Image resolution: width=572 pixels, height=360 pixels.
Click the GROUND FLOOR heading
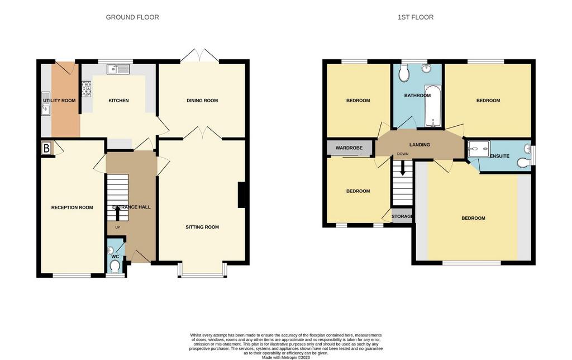point(132,17)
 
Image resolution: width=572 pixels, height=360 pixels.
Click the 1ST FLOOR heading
point(415,17)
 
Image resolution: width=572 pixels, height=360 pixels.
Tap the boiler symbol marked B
point(46,149)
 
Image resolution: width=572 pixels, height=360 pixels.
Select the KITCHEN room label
point(118,101)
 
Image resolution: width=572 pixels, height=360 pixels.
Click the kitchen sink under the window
point(119,69)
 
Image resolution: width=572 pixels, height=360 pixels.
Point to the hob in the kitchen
point(87,88)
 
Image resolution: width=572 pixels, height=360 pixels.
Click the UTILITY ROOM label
point(59,101)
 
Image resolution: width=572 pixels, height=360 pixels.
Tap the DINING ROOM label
point(202,101)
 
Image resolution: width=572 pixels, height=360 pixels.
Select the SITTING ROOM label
point(202,227)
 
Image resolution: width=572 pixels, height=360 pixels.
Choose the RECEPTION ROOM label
point(72,207)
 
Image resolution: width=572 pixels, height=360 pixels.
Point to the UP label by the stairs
point(117,228)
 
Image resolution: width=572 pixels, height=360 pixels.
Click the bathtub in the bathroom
point(433,106)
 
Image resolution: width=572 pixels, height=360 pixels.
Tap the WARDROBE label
point(349,148)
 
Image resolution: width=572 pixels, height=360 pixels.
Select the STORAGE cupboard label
point(402,216)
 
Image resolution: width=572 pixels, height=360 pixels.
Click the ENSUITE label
point(499,155)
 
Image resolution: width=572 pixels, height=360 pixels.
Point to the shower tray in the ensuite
point(478,149)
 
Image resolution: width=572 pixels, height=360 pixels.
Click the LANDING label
point(420,145)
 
